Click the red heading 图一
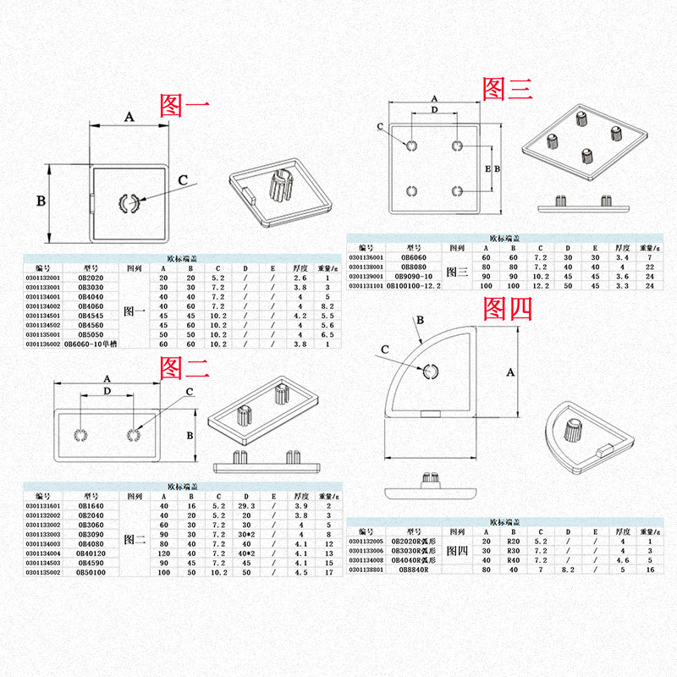184,104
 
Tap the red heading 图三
507,88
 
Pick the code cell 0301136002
43,344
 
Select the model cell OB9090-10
415,277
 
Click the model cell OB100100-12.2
415,287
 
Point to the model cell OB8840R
415,570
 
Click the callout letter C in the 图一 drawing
184,179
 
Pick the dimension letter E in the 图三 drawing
487,168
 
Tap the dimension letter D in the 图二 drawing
107,392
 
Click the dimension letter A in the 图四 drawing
510,372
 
